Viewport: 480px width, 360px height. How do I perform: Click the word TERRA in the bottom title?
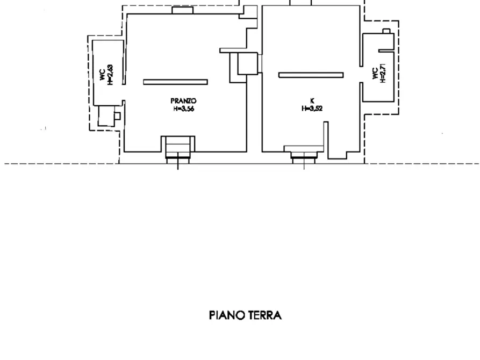[x=264, y=315]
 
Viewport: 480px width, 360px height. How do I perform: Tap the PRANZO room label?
[x=183, y=100]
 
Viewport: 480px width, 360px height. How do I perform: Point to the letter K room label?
[x=312, y=100]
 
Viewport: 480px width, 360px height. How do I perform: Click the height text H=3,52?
[x=312, y=108]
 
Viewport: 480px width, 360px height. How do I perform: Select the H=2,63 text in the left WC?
[x=110, y=74]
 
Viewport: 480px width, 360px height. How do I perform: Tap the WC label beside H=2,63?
[x=102, y=74]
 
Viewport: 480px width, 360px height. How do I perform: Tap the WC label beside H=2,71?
[x=375, y=74]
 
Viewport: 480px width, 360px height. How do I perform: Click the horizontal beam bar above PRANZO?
[x=175, y=82]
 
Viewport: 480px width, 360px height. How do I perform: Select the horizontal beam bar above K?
[x=311, y=75]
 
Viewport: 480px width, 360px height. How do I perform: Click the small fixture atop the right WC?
[x=385, y=31]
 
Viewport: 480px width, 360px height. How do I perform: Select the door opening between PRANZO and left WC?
[x=124, y=92]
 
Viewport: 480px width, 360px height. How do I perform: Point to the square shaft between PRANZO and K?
[x=248, y=64]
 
